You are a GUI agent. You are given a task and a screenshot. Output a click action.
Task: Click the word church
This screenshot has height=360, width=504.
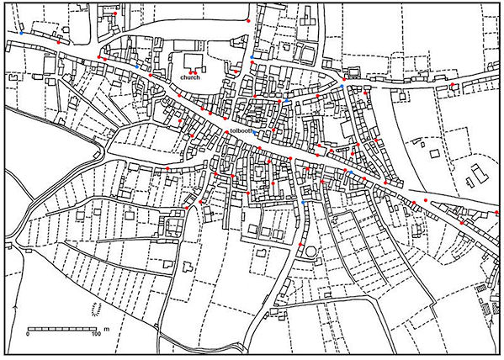click(189, 78)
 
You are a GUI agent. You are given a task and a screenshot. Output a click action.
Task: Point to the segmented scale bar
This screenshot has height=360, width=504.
click(62, 327)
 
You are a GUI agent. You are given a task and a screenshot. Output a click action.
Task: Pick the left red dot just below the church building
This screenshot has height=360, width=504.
click(191, 74)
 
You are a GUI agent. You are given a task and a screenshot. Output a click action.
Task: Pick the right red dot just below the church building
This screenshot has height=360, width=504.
click(195, 74)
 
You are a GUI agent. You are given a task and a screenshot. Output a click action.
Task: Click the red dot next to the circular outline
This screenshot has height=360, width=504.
click(300, 244)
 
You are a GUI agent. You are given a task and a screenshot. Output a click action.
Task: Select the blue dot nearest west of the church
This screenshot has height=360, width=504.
click(137, 66)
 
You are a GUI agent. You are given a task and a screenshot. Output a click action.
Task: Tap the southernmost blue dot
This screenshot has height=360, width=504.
click(303, 204)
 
